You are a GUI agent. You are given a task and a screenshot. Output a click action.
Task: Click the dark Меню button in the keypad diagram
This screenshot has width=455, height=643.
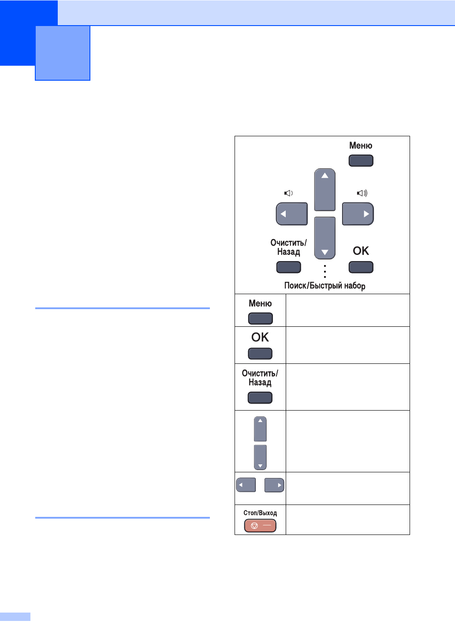coord(361,161)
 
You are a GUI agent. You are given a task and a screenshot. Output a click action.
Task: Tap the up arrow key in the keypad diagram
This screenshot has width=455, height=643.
coord(324,190)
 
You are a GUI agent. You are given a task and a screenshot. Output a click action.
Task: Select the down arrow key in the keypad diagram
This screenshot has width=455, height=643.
coord(324,238)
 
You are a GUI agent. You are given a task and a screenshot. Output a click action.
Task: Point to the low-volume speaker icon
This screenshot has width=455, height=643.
coord(288,193)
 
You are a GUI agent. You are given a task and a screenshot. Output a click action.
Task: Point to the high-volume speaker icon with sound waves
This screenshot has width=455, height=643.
coord(362,193)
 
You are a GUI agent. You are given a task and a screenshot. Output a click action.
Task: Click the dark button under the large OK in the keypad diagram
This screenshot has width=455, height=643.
coord(361,267)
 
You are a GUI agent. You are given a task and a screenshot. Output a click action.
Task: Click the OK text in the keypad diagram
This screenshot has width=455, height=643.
coord(361,251)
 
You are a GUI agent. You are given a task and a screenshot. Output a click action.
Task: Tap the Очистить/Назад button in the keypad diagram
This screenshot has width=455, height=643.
coord(288,267)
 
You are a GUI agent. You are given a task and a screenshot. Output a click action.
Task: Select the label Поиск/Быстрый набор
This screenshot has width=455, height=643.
coord(324,286)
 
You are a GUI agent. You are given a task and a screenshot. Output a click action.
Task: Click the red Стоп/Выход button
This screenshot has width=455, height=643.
coord(260,526)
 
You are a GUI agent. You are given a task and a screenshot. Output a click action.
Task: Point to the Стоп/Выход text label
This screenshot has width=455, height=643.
coord(260,513)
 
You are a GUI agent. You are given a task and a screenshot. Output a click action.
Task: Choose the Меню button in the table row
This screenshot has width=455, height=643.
coord(260,318)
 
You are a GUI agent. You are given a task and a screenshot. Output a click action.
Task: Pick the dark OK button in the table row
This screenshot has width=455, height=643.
coord(260,354)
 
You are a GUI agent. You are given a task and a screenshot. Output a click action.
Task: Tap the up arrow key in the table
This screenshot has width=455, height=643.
coord(260,429)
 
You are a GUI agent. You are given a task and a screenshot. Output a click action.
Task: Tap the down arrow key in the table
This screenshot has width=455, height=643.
coord(260,457)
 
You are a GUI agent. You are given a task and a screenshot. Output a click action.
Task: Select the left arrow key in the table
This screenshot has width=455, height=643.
coord(246,485)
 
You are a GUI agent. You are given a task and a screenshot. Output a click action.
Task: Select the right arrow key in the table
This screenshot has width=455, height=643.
coord(274,485)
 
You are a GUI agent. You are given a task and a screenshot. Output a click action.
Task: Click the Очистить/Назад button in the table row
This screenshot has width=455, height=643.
coord(260,398)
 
